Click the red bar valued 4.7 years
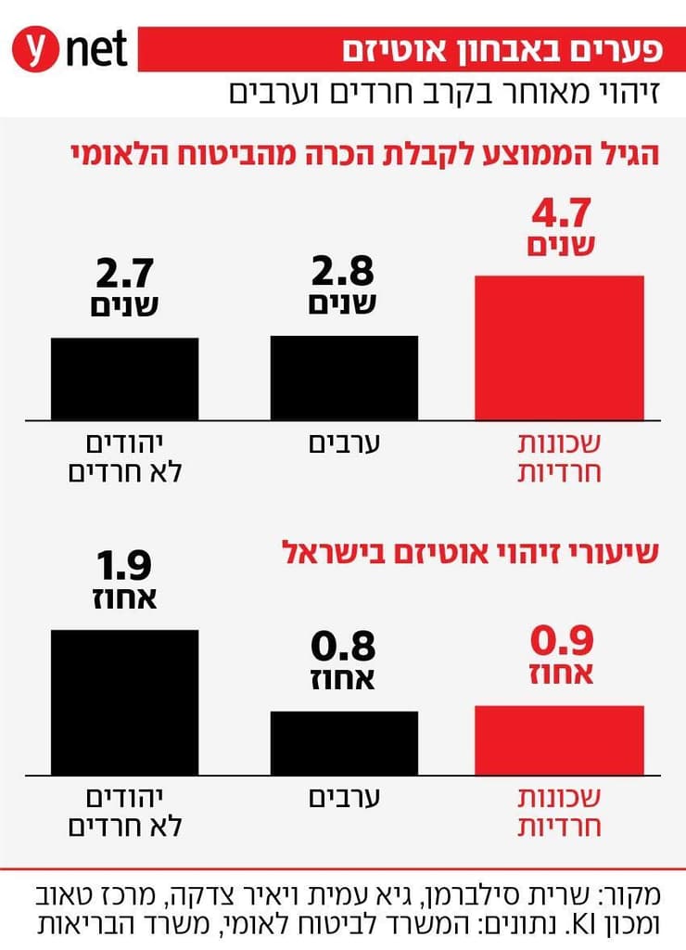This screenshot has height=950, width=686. click(x=560, y=347)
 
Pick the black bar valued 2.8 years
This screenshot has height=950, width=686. click(x=344, y=377)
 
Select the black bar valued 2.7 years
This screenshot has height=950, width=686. click(x=124, y=378)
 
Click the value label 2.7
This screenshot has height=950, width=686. click(x=124, y=275)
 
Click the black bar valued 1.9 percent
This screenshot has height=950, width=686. click(x=124, y=701)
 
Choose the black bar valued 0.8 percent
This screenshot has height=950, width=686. click(x=344, y=742)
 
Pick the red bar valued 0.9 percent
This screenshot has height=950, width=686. click(x=560, y=739)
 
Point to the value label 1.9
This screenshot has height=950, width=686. click(x=124, y=567)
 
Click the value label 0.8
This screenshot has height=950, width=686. click(x=343, y=648)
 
